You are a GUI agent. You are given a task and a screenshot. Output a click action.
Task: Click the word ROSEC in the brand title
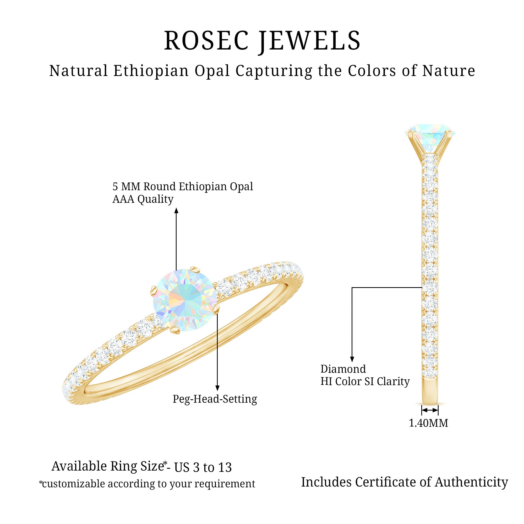click(x=206, y=41)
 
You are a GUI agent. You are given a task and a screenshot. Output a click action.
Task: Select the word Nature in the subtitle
click(x=449, y=71)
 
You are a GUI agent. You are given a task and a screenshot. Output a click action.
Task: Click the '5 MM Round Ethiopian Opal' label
click(x=183, y=187)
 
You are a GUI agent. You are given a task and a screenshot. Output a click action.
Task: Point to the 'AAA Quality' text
click(x=143, y=199)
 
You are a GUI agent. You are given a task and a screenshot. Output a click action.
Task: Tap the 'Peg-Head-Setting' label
click(x=215, y=399)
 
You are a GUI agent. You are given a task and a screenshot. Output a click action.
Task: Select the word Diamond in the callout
click(x=343, y=369)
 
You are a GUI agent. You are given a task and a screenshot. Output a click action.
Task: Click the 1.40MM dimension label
click(x=428, y=423)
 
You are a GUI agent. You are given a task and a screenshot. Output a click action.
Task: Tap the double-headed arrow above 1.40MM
click(x=430, y=410)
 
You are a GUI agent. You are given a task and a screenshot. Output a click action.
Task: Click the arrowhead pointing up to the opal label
click(x=176, y=211)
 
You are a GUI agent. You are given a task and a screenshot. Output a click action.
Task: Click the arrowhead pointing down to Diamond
click(x=352, y=359)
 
